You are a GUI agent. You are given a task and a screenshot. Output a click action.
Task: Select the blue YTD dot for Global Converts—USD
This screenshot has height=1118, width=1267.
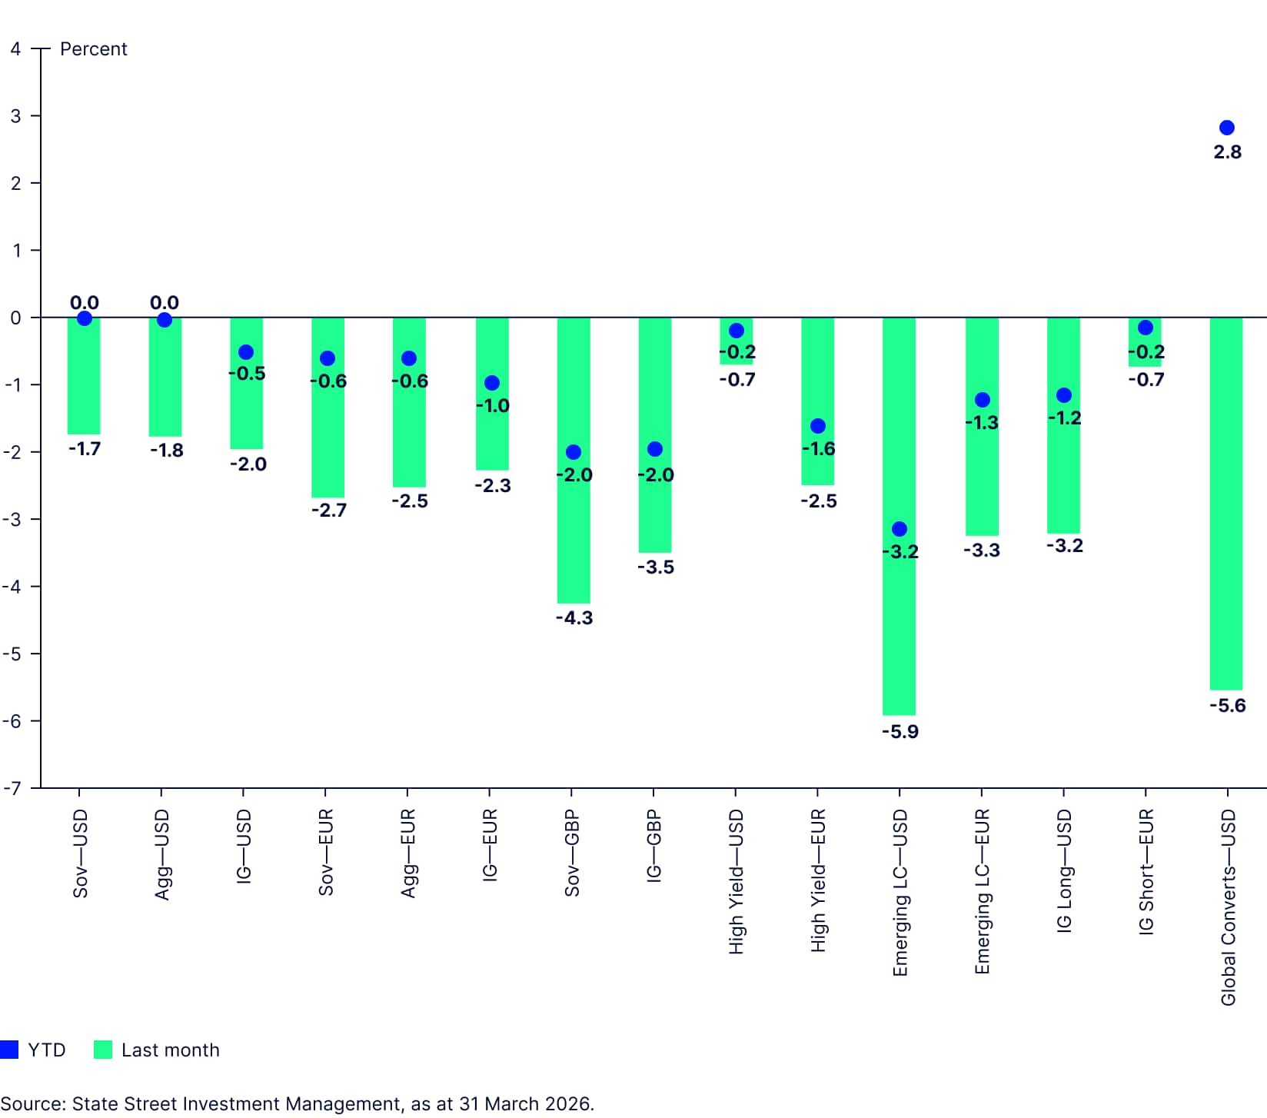point(1227,128)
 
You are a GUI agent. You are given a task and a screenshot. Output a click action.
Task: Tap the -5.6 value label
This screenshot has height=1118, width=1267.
point(1227,706)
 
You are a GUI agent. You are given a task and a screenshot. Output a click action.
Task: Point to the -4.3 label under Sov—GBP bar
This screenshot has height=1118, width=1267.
point(574,618)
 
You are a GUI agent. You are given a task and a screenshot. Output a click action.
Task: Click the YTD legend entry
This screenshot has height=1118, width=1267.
point(35,1050)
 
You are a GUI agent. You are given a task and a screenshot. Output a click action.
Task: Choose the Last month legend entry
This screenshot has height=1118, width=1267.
point(158,1050)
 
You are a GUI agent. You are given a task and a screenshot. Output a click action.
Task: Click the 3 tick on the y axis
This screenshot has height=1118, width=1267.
point(15,116)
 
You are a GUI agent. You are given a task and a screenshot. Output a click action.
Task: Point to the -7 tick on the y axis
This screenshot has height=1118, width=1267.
point(12,788)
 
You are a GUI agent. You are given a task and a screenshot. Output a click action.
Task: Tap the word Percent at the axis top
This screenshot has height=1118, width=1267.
point(93,49)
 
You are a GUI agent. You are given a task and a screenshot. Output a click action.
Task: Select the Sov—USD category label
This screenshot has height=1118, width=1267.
point(81,853)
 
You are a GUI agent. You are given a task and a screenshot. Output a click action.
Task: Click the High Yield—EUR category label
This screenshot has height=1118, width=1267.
point(818,880)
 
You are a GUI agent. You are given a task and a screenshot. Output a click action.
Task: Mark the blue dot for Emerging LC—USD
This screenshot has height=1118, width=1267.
point(900,529)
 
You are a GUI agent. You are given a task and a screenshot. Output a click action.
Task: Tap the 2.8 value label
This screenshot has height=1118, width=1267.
point(1227,152)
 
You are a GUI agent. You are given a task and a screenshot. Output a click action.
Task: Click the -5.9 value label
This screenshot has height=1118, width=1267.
point(900,732)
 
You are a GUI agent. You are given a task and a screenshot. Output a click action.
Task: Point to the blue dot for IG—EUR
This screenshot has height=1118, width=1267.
point(492,383)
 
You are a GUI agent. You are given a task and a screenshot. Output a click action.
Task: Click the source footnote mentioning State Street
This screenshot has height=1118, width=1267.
point(297,1104)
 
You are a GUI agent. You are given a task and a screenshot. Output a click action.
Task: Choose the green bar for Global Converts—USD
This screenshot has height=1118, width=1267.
point(1226,538)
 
